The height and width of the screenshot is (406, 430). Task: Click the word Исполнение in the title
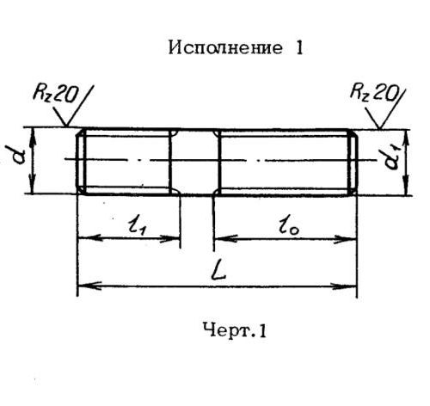(x=225, y=47)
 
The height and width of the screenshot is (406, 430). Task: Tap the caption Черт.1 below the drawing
(x=235, y=330)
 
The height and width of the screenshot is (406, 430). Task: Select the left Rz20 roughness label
(x=55, y=94)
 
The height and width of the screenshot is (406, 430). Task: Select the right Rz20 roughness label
(x=374, y=92)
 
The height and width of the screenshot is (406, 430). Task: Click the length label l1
(x=138, y=225)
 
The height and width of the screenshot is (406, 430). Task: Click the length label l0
(x=288, y=227)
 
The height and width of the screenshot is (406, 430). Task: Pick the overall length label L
(x=218, y=271)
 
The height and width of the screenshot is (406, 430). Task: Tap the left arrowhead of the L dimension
(x=89, y=286)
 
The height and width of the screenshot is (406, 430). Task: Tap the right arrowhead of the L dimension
(x=344, y=286)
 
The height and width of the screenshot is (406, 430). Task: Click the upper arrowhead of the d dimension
(x=33, y=139)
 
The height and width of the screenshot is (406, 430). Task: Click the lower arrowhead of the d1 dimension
(x=405, y=185)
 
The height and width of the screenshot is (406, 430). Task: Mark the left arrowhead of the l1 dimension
(x=89, y=237)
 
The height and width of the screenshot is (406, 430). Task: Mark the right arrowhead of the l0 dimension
(x=345, y=239)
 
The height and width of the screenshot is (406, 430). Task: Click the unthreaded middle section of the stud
(x=195, y=163)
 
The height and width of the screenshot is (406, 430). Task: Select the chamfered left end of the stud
(x=81, y=162)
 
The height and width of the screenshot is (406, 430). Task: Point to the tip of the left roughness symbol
(x=66, y=126)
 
